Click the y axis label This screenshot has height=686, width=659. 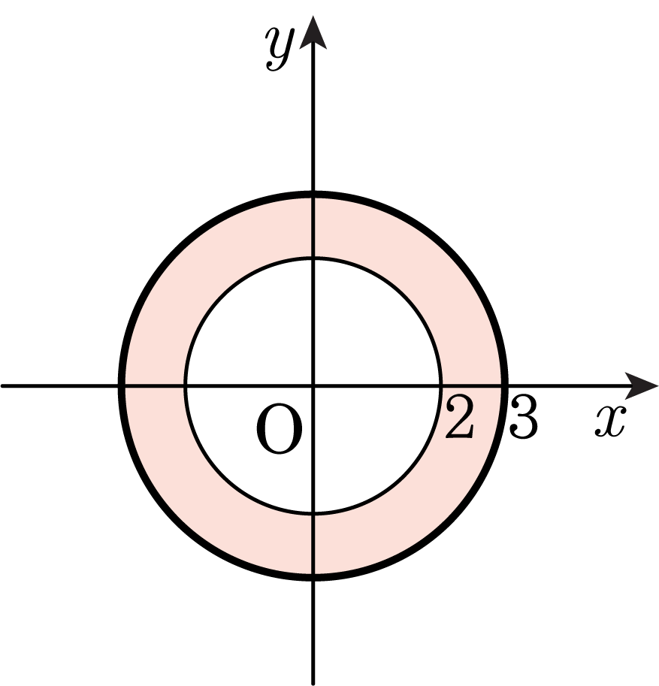[x=280, y=48]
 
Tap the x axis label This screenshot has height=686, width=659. [x=610, y=421]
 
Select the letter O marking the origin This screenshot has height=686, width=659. [x=280, y=429]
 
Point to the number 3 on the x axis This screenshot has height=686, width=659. [x=522, y=417]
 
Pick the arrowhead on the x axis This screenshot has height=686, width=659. [x=641, y=385]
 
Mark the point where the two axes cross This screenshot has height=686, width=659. [x=313, y=385]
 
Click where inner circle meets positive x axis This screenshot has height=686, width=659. [x=440, y=385]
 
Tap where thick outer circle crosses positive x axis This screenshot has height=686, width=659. [x=504, y=385]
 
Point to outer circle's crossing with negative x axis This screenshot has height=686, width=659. [x=122, y=385]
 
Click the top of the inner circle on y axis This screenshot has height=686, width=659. [x=313, y=259]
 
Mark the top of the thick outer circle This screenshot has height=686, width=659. [x=313, y=195]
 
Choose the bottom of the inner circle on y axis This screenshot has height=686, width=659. [x=313, y=512]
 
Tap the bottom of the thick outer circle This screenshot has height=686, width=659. [x=313, y=577]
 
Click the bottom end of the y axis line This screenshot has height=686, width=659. [x=313, y=684]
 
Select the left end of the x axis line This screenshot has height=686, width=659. [x=2, y=385]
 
